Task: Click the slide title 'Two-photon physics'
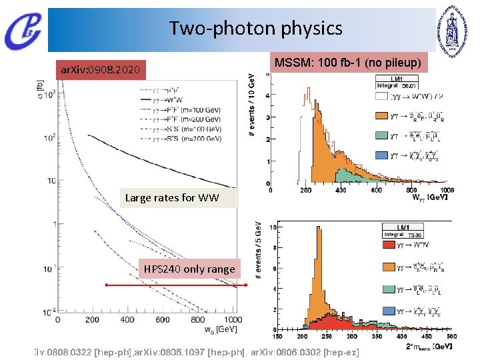(255, 29)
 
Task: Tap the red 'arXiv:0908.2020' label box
(100, 69)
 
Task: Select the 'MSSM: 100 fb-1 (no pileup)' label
(349, 63)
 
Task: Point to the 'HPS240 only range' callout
(189, 269)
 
